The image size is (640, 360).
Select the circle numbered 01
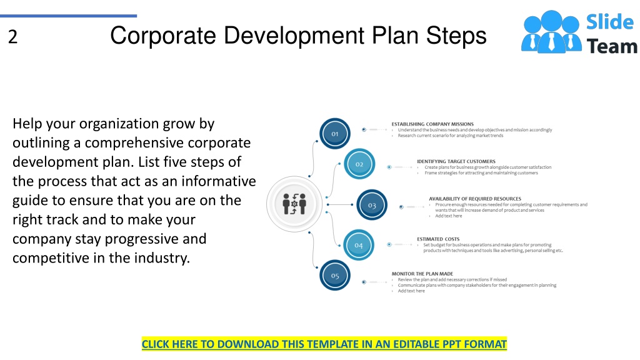pyautogui.click(x=335, y=134)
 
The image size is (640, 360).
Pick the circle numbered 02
pyautogui.click(x=359, y=164)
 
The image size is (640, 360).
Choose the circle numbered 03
pyautogui.click(x=372, y=205)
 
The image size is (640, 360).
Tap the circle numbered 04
pyautogui.click(x=359, y=245)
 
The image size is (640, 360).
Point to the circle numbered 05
pyautogui.click(x=335, y=276)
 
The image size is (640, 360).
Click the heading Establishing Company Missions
pyautogui.click(x=432, y=124)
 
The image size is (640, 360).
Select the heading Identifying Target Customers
pyautogui.click(x=456, y=161)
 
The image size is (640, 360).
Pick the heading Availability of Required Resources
pyautogui.click(x=474, y=199)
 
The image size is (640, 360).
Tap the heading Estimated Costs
pyautogui.click(x=438, y=239)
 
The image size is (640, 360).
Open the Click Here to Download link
pyautogui.click(x=324, y=344)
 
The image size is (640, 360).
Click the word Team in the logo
pyautogui.click(x=612, y=46)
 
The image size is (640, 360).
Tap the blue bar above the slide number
pyautogui.click(x=68, y=16)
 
